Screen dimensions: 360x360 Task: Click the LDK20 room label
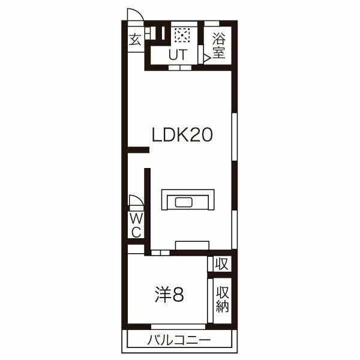pyautogui.click(x=182, y=135)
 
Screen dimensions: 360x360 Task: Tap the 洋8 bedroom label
pyautogui.click(x=169, y=295)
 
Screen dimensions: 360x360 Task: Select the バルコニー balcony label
pyautogui.click(x=179, y=340)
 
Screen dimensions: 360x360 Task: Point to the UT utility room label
pyautogui.click(x=178, y=55)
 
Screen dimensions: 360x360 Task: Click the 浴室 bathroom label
pyautogui.click(x=218, y=46)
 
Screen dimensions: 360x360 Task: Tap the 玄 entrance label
pyautogui.click(x=135, y=39)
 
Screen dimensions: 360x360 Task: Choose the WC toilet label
pyautogui.click(x=136, y=225)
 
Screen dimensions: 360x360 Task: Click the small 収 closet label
pyautogui.click(x=221, y=264)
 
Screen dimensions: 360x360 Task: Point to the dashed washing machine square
pyautogui.click(x=182, y=35)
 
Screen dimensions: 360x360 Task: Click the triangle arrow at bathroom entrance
pyautogui.click(x=207, y=58)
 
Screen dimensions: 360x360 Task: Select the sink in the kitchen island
pyautogui.click(x=184, y=203)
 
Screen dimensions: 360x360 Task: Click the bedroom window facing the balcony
pyautogui.click(x=178, y=326)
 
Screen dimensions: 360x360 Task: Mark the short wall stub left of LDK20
pyautogui.click(x=138, y=149)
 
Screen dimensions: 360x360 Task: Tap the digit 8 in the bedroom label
pyautogui.click(x=178, y=295)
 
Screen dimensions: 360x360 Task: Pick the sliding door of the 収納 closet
pyautogui.click(x=210, y=301)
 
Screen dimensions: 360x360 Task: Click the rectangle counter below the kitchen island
pyautogui.click(x=192, y=245)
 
